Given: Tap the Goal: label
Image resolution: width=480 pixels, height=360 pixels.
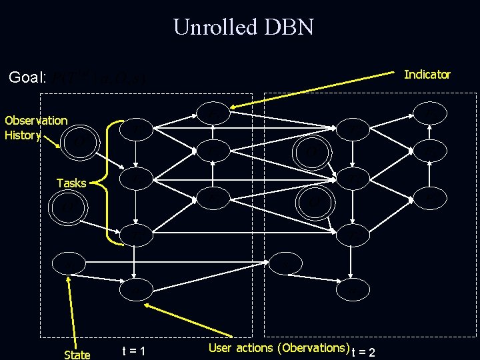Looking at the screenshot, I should tap(27, 78).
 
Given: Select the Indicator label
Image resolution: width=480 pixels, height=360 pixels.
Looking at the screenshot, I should tap(427, 75).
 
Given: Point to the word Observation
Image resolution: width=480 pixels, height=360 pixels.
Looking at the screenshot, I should tap(36, 121).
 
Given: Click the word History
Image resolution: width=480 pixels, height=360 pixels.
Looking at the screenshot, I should tap(23, 135).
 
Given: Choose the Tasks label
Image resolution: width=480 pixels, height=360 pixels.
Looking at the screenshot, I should tap(71, 183).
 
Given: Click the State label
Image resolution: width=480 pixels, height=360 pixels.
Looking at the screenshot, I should tap(77, 355).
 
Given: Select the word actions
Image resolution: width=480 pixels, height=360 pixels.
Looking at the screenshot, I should tap(255, 348).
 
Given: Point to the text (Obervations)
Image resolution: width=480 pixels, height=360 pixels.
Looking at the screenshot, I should tap(311, 348).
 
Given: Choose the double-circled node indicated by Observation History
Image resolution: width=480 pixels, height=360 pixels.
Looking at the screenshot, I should tap(79, 142).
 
